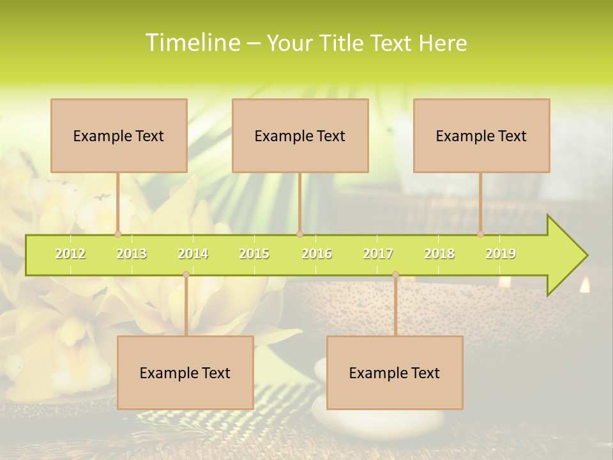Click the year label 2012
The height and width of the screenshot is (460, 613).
[x=70, y=254]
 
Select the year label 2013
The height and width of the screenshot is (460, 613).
[x=132, y=254]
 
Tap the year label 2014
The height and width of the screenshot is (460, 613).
[x=193, y=254]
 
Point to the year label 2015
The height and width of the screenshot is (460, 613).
[x=254, y=254]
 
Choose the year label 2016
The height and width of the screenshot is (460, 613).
[x=317, y=254]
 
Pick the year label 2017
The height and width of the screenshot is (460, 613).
[x=378, y=254]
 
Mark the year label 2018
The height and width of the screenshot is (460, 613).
[x=439, y=254]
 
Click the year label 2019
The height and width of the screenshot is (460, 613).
[x=501, y=254]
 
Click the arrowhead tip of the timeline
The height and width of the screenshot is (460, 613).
[x=586, y=256]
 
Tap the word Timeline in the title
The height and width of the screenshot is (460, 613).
[x=191, y=43]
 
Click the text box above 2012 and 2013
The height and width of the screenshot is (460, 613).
[x=119, y=135]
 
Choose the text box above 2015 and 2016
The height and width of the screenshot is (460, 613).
[x=300, y=135]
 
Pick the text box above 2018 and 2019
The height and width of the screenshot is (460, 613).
[x=481, y=135]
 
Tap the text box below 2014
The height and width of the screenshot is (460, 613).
[x=185, y=372]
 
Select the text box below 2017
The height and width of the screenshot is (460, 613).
[x=395, y=372]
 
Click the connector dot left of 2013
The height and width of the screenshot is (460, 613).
[x=117, y=234]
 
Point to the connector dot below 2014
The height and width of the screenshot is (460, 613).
[x=186, y=275]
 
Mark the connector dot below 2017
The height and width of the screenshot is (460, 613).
[x=395, y=275]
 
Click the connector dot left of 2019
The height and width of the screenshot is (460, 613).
[x=480, y=234]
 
